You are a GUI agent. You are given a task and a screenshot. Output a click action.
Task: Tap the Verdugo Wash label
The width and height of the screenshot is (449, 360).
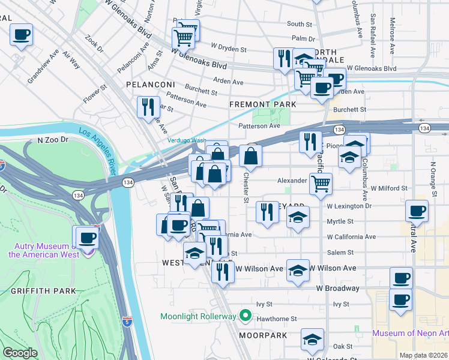(x=186, y=140)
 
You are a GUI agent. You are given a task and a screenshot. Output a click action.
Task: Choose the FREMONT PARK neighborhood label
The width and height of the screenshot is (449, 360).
(x=263, y=104)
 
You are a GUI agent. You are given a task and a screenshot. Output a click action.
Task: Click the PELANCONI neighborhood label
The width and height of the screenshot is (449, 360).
(x=150, y=85)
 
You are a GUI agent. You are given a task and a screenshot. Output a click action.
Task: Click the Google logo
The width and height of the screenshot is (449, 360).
(x=20, y=353)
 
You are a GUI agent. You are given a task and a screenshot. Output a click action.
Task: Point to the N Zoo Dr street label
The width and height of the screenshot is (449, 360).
(x=54, y=140)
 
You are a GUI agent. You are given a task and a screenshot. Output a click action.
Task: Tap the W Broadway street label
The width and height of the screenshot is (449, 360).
(x=338, y=288)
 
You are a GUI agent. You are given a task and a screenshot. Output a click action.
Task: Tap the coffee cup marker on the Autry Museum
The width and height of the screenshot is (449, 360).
(x=86, y=237)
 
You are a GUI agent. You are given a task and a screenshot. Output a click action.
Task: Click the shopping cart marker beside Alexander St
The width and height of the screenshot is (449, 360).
(x=321, y=183)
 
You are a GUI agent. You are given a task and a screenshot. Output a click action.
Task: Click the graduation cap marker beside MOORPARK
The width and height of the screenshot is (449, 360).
(x=312, y=340)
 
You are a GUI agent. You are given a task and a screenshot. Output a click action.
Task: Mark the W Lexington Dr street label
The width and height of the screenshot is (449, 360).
(x=349, y=206)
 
